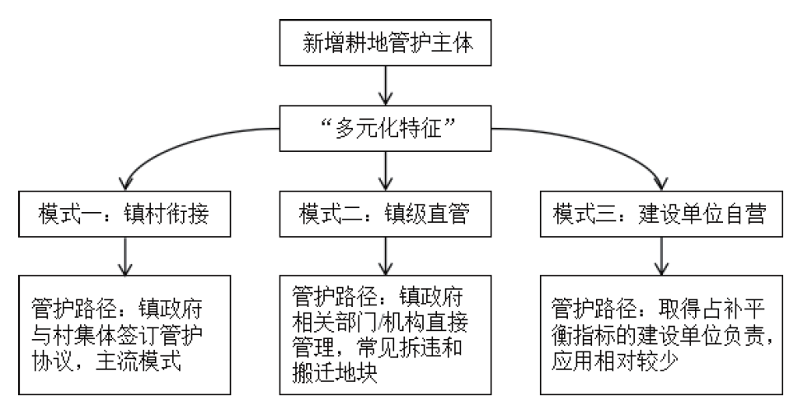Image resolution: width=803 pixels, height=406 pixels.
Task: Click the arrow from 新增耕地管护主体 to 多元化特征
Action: pyautogui.click(x=385, y=86)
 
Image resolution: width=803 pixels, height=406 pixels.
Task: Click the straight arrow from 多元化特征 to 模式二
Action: pyautogui.click(x=385, y=171)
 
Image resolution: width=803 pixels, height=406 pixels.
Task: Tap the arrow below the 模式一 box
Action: pyautogui.click(x=125, y=256)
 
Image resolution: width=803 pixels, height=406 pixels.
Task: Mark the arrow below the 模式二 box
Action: pyautogui.click(x=385, y=256)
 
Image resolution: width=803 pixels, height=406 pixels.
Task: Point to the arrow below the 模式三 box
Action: pyautogui.click(x=662, y=256)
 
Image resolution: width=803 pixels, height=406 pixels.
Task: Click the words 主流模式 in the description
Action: pyautogui.click(x=139, y=361)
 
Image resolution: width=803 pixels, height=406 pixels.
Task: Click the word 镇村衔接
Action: pyautogui.click(x=167, y=214)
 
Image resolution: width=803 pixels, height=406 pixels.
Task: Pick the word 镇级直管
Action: pyautogui.click(x=427, y=214)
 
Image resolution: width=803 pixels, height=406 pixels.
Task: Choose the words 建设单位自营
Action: pyautogui.click(x=702, y=214)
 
